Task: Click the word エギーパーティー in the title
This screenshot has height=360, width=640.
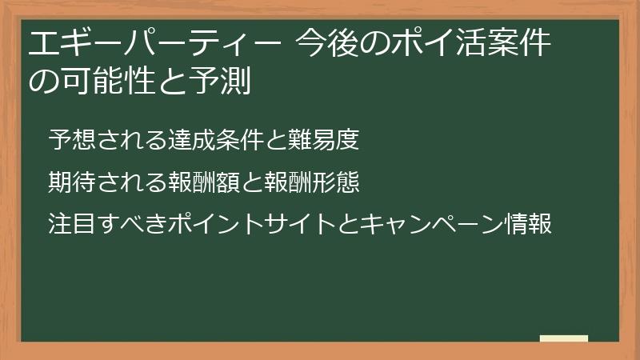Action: tap(155, 43)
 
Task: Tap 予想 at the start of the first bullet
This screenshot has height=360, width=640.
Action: tap(72, 139)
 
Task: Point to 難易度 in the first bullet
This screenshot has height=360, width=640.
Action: tap(323, 139)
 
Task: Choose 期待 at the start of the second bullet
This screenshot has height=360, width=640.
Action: tap(72, 182)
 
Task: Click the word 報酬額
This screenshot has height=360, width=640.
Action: tap(203, 182)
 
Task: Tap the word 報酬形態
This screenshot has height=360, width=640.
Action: tap(311, 182)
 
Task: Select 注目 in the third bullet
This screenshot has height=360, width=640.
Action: tap(72, 223)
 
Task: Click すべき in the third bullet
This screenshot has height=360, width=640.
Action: tap(131, 223)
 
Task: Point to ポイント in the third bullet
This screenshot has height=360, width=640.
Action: tap(215, 223)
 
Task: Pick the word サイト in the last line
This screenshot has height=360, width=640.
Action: tap(299, 223)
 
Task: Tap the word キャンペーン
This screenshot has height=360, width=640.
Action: tap(431, 223)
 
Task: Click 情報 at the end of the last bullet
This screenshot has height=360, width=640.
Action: tap(528, 223)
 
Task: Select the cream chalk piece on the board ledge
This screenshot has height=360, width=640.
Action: tap(564, 338)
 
